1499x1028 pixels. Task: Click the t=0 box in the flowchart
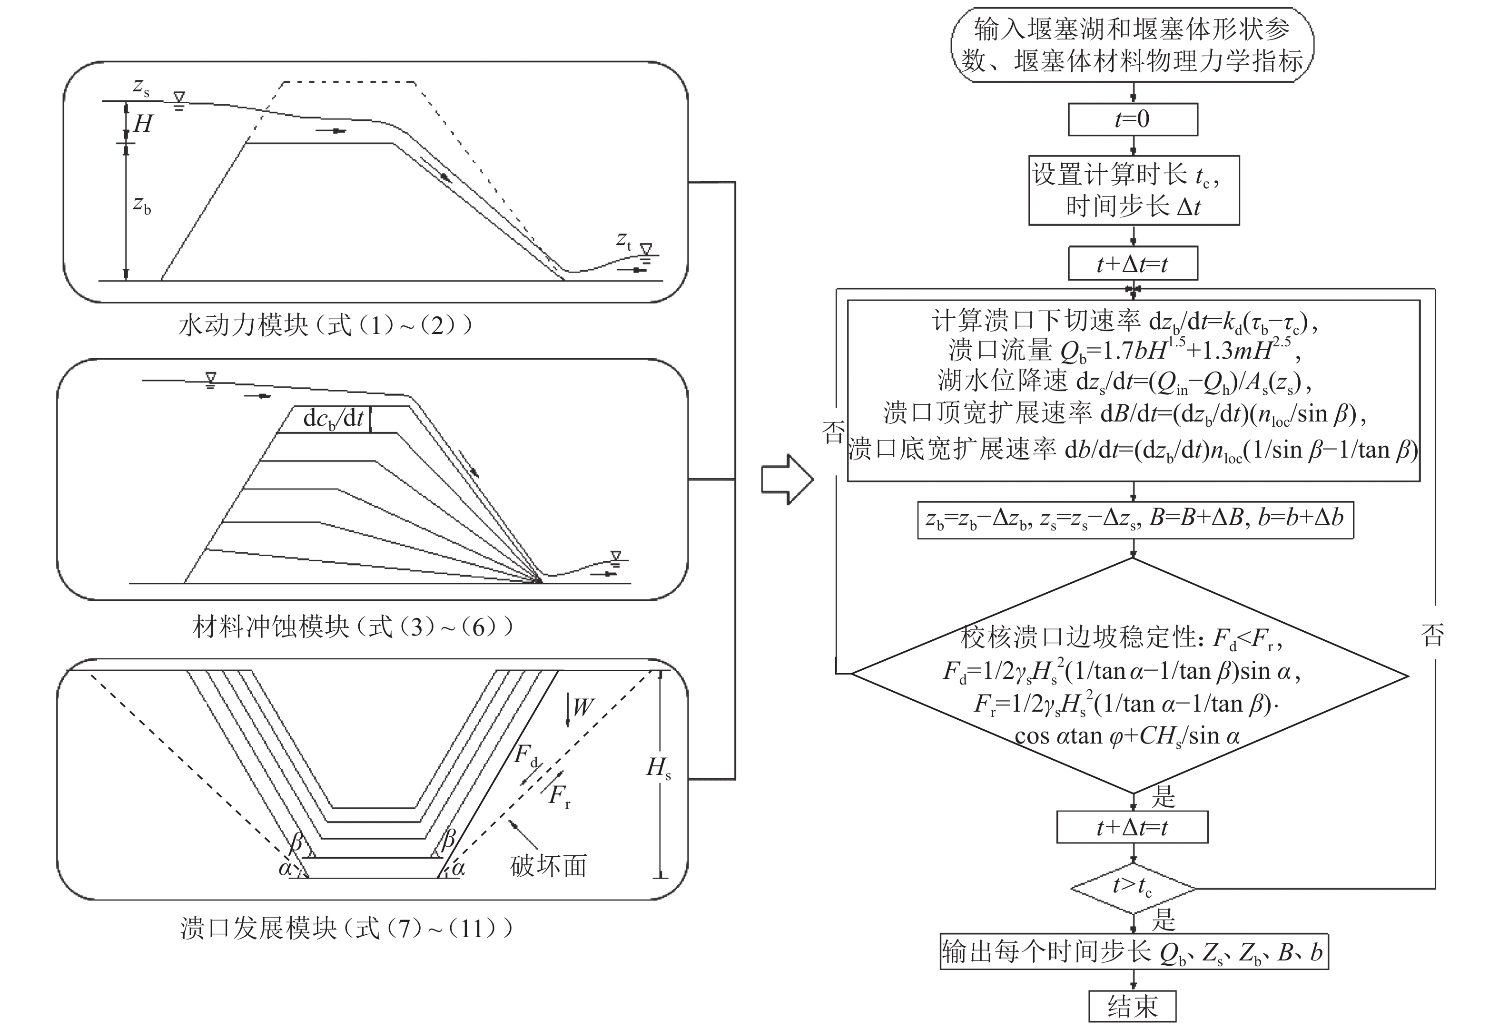(1133, 119)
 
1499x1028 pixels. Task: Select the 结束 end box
(1132, 1006)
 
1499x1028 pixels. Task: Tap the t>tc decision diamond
(1133, 888)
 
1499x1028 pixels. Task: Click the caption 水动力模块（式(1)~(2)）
(325, 325)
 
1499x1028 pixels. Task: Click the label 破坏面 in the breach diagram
(548, 865)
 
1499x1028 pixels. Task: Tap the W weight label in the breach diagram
(581, 707)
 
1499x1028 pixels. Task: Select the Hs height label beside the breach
(658, 767)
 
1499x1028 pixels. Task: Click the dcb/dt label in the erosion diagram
(334, 419)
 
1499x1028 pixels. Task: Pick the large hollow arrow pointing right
(787, 479)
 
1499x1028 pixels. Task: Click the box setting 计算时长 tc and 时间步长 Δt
(1133, 190)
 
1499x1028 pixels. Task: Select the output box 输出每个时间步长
(1133, 951)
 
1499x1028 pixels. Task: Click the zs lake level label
(140, 87)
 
